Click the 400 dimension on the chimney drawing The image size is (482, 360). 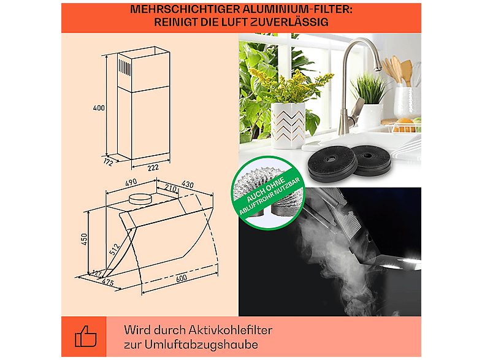click(99, 108)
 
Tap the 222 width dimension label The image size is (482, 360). click(153, 167)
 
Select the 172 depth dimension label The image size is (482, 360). click(108, 162)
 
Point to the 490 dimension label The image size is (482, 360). click(131, 183)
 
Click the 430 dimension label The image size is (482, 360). click(188, 184)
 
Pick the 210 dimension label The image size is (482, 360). click(170, 188)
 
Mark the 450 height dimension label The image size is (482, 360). click(84, 239)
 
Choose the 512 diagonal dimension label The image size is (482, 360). click(114, 249)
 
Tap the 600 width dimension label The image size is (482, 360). click(182, 278)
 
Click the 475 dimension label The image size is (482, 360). click(107, 282)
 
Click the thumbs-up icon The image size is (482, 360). click(86, 337)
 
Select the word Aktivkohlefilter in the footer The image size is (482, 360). click(230, 330)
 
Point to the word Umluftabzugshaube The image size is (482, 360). click(201, 345)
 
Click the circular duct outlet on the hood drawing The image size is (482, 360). click(140, 199)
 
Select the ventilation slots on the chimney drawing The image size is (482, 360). click(125, 67)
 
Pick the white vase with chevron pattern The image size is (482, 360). click(289, 125)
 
